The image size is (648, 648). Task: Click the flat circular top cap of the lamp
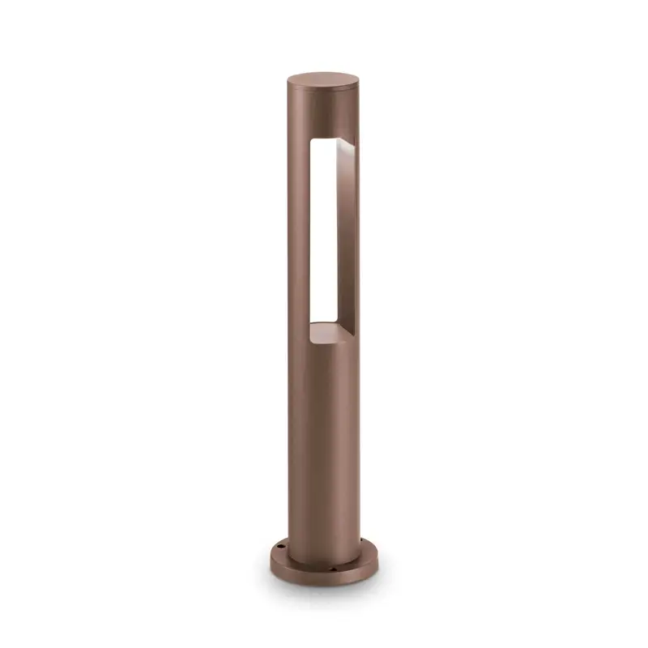click(x=323, y=80)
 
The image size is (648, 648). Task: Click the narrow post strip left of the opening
click(x=298, y=235)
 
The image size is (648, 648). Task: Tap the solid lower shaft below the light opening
click(x=322, y=437)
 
